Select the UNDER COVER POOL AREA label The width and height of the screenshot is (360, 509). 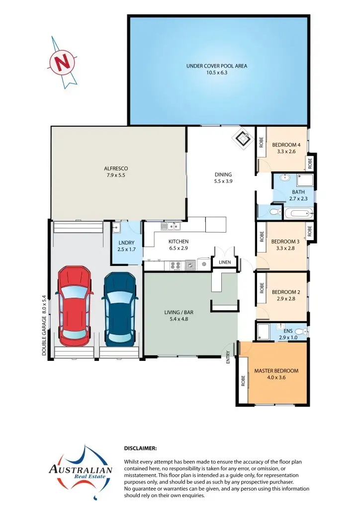click(216, 66)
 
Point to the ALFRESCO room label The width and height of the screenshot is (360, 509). click(116, 169)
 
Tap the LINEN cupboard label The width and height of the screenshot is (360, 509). click(224, 262)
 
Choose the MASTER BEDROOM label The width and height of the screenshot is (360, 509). click(276, 371)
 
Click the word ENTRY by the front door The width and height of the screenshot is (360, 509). click(228, 357)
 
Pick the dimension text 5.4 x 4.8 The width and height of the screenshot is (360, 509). click(179, 319)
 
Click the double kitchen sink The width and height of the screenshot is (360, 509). click(171, 227)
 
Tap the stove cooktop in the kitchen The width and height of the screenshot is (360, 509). click(176, 265)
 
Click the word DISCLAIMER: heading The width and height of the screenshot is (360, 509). click(140, 448)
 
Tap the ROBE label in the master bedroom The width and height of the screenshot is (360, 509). click(243, 381)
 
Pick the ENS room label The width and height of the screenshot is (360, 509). click(288, 331)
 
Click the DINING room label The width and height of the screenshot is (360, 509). click(223, 174)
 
